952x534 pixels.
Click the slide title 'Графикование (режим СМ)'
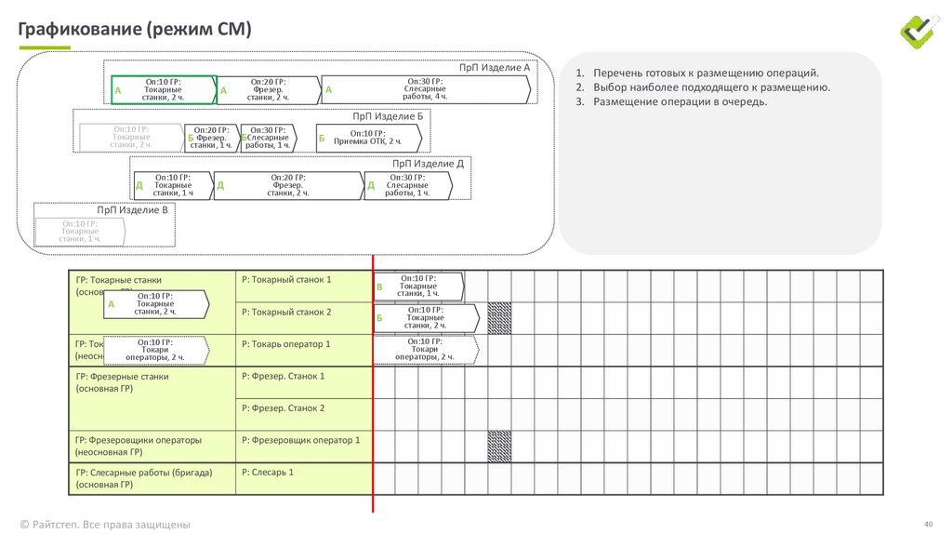(136, 29)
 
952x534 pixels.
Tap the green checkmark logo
(920, 31)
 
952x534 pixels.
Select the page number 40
(927, 524)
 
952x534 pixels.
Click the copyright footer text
(105, 524)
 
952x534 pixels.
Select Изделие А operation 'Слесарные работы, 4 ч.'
(427, 89)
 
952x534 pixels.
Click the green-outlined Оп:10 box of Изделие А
(164, 89)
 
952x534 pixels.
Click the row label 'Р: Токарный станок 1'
(285, 279)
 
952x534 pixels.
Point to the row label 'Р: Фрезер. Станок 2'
(283, 407)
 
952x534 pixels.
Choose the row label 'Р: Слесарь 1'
(267, 473)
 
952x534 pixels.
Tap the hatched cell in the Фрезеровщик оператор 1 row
(499, 441)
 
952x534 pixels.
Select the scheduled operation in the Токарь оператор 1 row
(425, 350)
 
